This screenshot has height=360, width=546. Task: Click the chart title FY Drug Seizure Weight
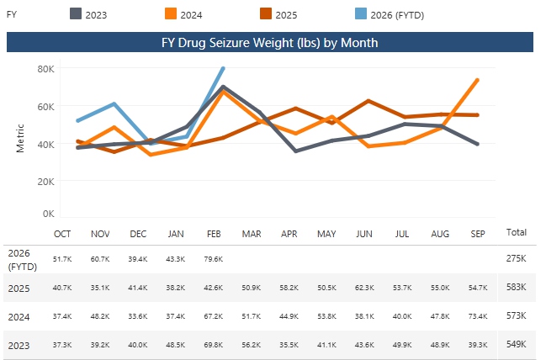pyautogui.click(x=269, y=42)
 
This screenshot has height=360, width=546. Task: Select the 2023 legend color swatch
pyautogui.click(x=75, y=13)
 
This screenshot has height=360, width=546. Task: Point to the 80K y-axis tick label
pyautogui.click(x=45, y=68)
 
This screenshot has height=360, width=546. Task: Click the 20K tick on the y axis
pyautogui.click(x=45, y=181)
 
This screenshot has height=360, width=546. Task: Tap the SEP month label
pyautogui.click(x=477, y=233)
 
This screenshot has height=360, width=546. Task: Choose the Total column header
pyautogui.click(x=517, y=231)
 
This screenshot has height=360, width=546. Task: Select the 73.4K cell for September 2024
pyautogui.click(x=477, y=316)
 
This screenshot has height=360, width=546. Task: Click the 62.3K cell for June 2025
pyautogui.click(x=364, y=288)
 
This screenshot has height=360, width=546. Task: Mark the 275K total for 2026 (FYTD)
pyautogui.click(x=517, y=258)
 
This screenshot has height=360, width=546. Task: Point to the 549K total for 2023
pyautogui.click(x=517, y=345)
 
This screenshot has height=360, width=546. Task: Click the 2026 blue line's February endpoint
pyautogui.click(x=223, y=68)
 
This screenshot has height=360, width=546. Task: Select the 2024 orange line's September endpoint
pyautogui.click(x=478, y=80)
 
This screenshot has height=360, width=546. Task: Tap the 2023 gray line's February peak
pyautogui.click(x=222, y=87)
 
